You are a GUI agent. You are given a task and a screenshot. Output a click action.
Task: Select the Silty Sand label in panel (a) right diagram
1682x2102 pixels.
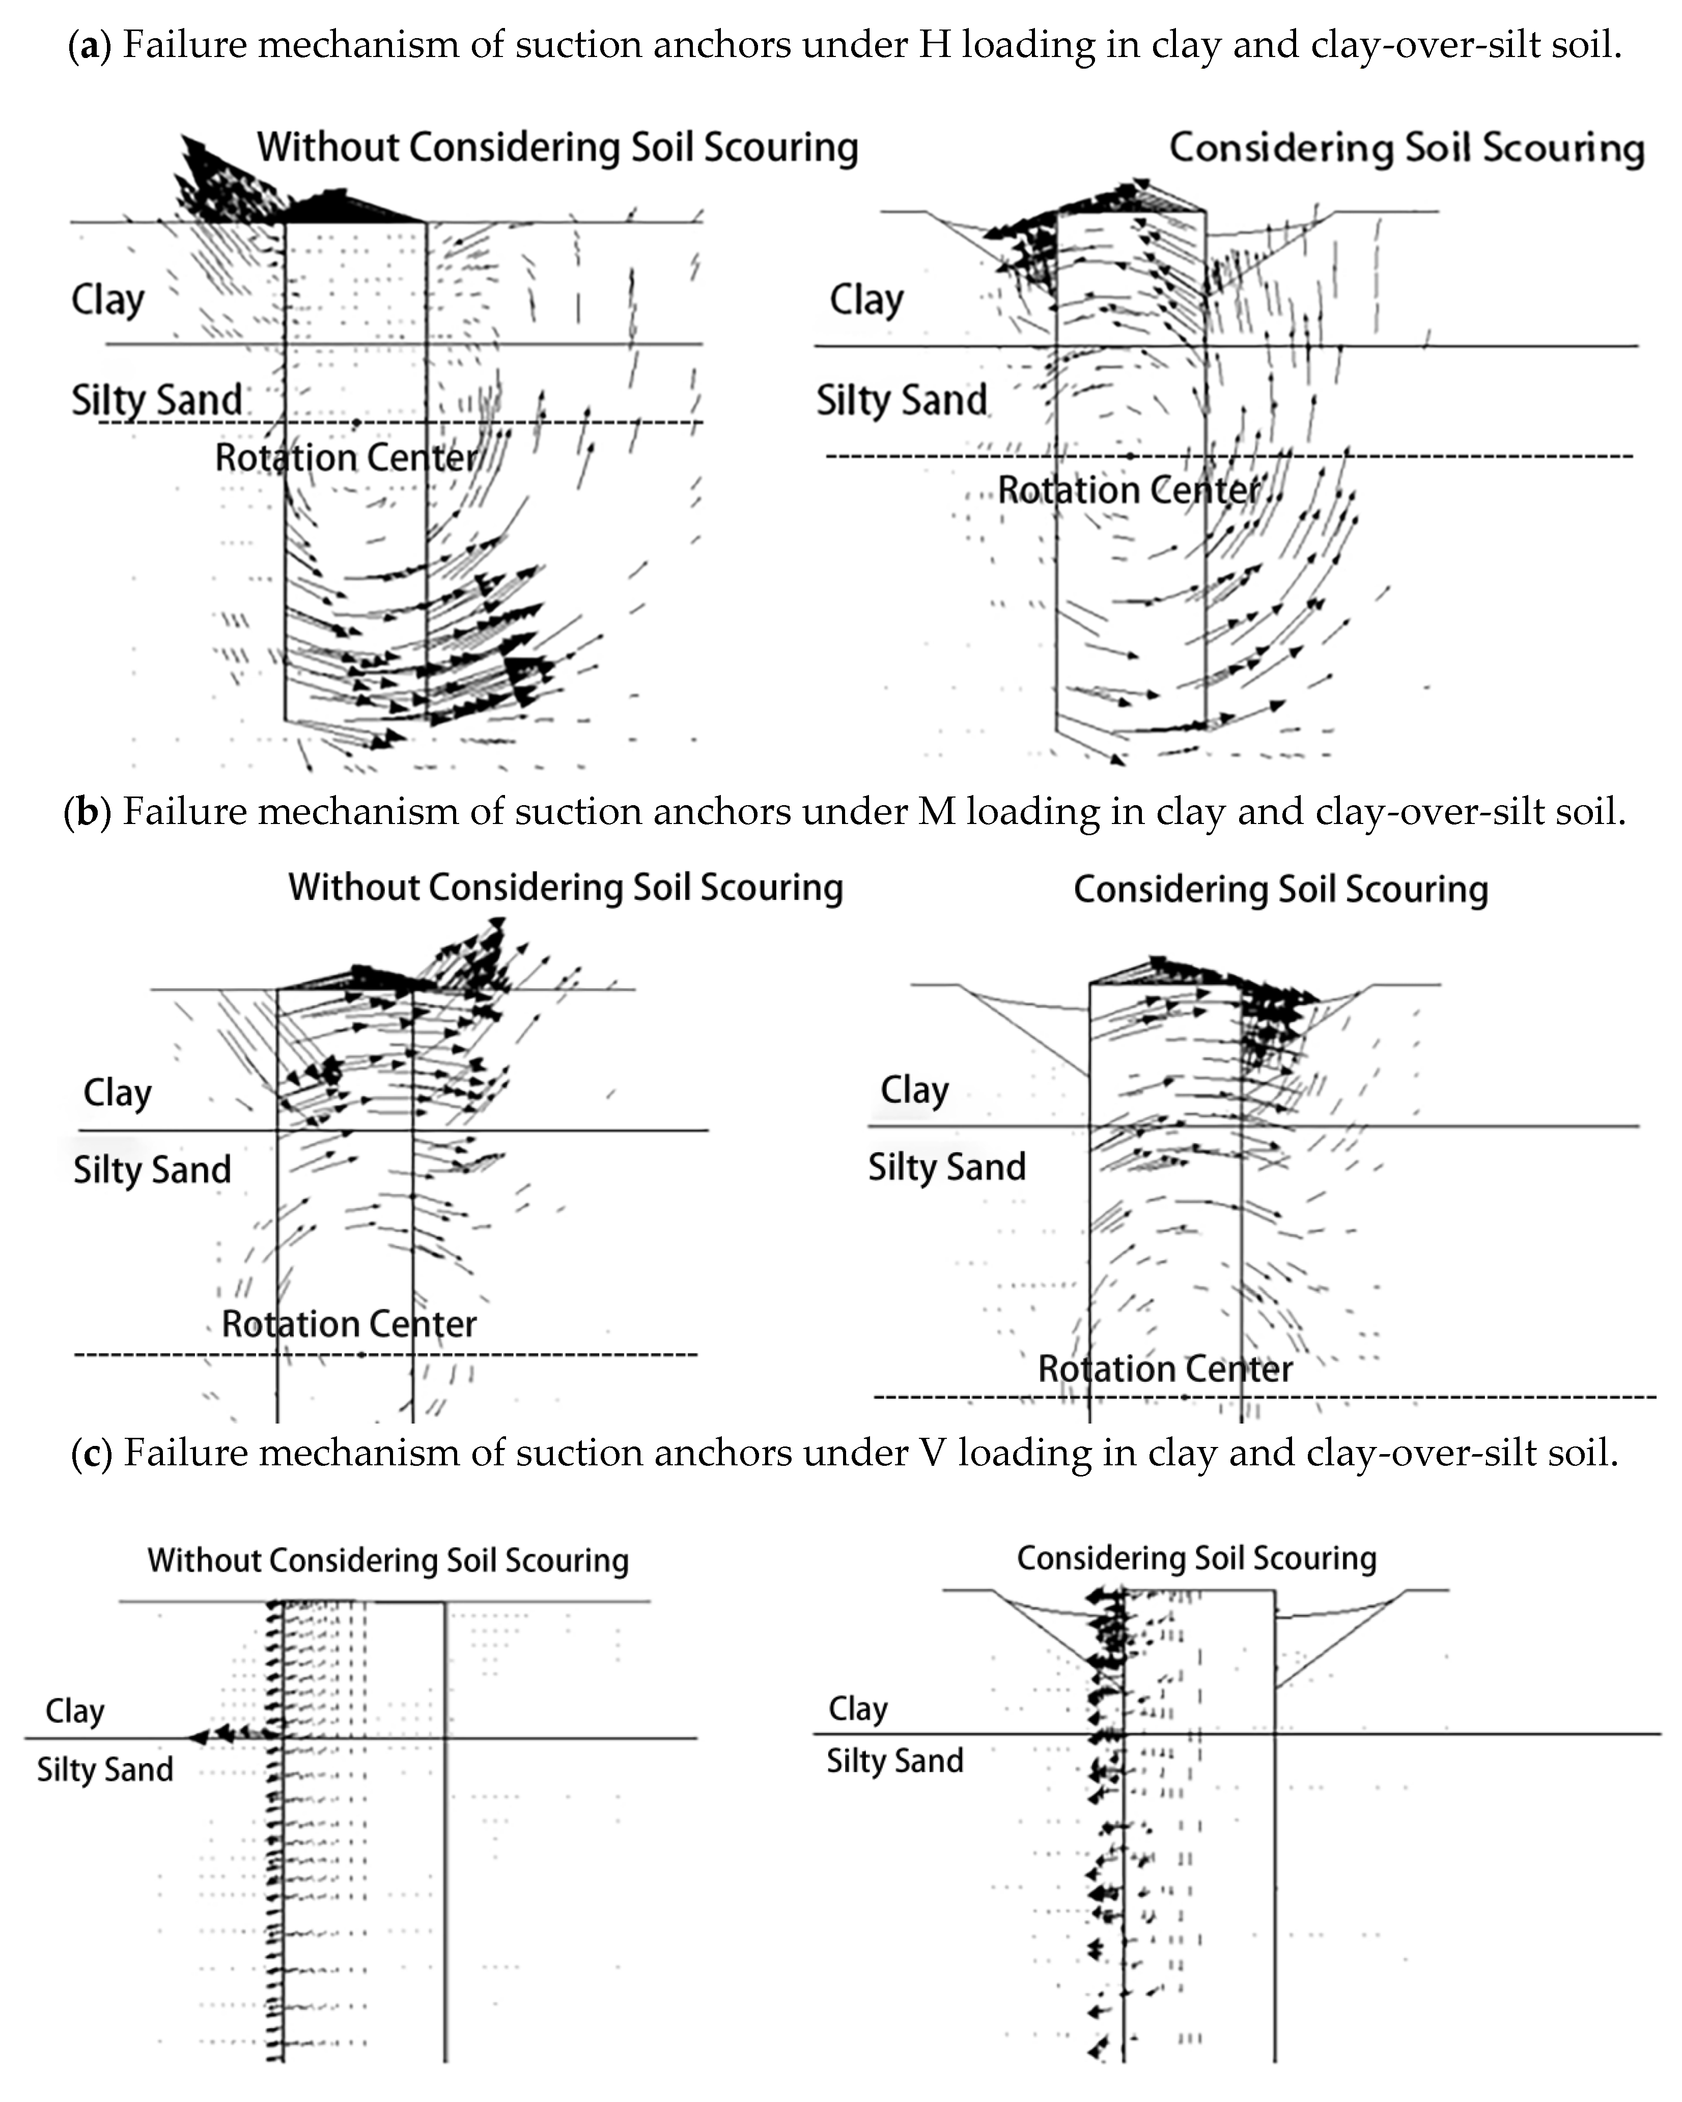pyautogui.click(x=901, y=400)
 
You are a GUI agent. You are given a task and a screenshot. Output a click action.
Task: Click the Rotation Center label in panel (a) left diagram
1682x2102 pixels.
pyautogui.click(x=346, y=457)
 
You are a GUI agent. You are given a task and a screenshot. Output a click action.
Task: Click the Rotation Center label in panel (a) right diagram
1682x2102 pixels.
pyautogui.click(x=1129, y=490)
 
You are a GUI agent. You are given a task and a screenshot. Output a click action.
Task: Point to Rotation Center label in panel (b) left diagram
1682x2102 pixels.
pyautogui.click(x=349, y=1324)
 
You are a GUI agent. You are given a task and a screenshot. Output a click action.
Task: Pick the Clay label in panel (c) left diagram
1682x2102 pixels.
pyautogui.click(x=75, y=1711)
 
